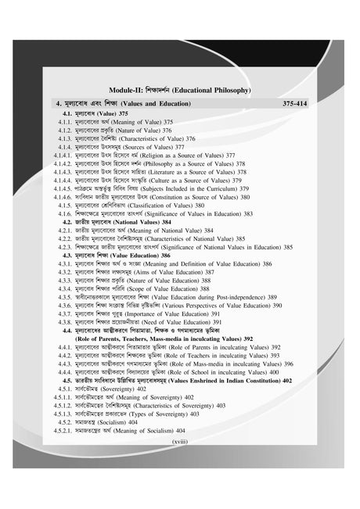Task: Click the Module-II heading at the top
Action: (180, 89)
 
